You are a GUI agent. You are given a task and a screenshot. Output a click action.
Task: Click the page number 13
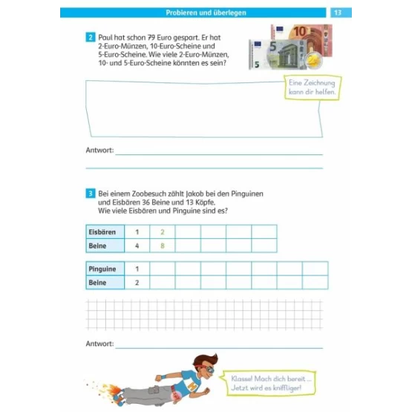point(338,13)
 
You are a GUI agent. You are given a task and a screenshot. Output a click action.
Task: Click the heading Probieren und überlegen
point(206,13)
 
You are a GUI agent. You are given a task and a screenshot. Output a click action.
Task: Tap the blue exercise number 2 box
point(91,37)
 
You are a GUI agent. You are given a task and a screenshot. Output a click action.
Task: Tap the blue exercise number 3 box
point(91,194)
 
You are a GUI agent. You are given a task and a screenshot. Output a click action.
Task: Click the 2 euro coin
point(314,61)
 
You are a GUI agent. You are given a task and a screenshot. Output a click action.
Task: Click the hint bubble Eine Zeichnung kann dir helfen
point(313,88)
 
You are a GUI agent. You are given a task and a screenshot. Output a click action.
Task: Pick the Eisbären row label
point(105,232)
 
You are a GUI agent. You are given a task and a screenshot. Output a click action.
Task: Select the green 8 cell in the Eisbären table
point(163,246)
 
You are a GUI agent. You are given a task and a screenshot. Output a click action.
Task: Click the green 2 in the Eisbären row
point(163,232)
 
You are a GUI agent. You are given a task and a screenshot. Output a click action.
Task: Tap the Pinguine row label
point(105,269)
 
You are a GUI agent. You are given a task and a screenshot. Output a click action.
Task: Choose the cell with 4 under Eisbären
point(137,246)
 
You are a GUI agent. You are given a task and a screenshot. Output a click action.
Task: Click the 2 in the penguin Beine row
point(137,283)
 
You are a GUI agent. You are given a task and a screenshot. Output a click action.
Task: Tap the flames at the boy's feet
point(109,390)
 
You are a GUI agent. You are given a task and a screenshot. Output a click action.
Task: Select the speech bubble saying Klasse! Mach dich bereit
point(269,383)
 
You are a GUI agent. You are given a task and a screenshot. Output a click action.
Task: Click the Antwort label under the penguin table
point(100,344)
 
